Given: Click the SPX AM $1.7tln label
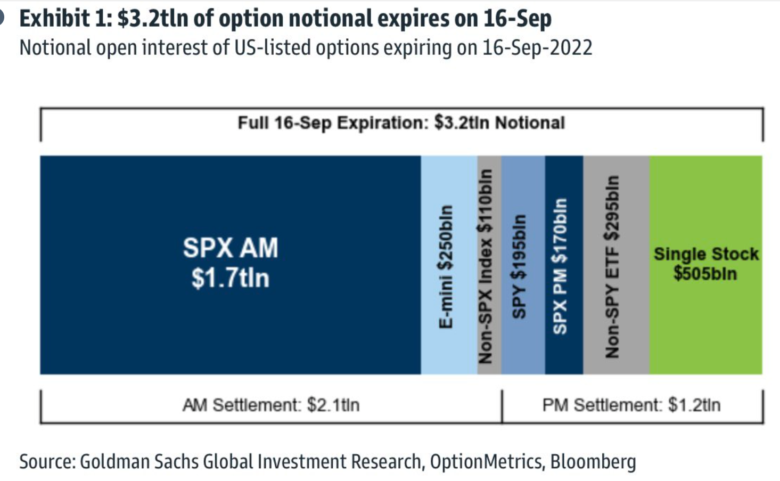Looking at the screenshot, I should [230, 263].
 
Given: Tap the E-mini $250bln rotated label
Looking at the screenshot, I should [446, 266].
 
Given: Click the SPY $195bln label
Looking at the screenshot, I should [519, 266].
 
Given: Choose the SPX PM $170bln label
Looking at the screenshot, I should [560, 266].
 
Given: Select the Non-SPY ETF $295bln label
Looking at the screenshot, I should [612, 266].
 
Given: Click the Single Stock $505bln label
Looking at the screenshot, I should [705, 264].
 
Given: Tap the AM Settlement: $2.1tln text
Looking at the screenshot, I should [271, 405].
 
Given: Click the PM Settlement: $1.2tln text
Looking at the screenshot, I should [631, 405].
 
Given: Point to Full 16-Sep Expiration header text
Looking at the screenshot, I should [401, 123].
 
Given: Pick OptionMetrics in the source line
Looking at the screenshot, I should [487, 461].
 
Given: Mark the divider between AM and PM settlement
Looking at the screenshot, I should [502, 406].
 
